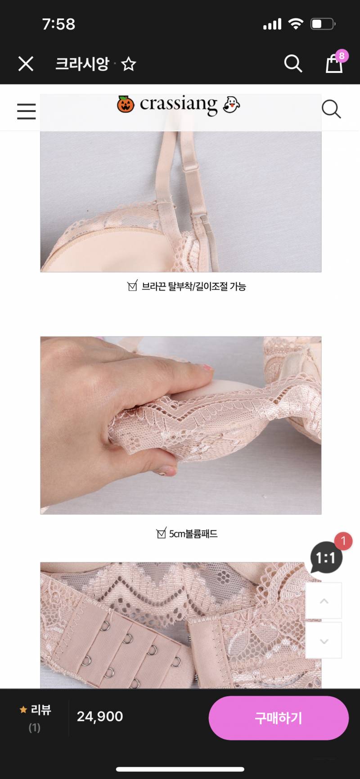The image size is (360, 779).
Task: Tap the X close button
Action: (26, 64)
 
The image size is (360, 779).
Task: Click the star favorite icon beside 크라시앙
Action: (129, 64)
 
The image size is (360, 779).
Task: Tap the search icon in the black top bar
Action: (293, 63)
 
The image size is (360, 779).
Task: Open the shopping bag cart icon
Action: (333, 64)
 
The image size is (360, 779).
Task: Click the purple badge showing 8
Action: (342, 56)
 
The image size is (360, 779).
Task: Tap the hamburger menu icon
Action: (26, 111)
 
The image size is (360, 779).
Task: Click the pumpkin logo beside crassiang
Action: (126, 104)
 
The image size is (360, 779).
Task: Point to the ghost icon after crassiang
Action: (231, 104)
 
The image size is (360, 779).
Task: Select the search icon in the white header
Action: (331, 109)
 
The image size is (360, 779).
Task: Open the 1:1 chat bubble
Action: (326, 558)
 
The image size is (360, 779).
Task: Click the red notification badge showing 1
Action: (343, 541)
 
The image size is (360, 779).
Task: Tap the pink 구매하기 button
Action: (279, 718)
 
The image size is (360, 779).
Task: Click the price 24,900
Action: (100, 716)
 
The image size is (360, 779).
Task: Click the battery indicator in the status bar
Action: (323, 24)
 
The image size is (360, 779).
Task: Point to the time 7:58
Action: (58, 24)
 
